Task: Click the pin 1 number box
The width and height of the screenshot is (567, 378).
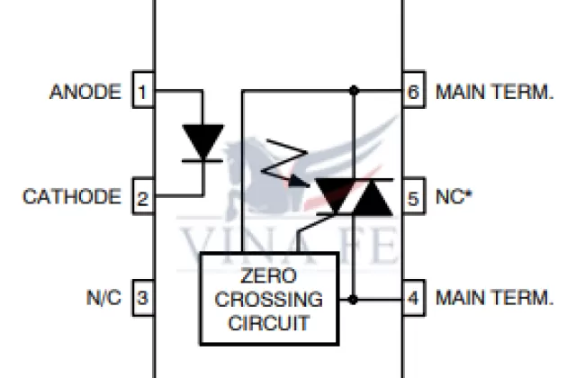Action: (x=143, y=91)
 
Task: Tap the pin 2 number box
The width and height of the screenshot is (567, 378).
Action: (x=143, y=196)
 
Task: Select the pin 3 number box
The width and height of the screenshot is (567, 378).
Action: (x=143, y=296)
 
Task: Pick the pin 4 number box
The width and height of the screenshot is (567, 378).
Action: (x=413, y=296)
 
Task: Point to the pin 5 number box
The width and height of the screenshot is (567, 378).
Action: (x=413, y=196)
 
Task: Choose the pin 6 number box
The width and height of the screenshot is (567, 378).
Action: (x=413, y=91)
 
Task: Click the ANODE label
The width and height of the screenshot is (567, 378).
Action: (x=85, y=91)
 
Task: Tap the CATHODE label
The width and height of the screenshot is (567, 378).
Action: (x=71, y=196)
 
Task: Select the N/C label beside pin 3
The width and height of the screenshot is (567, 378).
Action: (x=103, y=296)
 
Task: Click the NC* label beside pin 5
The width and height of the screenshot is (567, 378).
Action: (x=455, y=196)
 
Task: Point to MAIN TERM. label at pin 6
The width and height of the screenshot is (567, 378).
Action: (x=493, y=91)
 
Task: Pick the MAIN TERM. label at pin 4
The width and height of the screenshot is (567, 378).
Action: (x=493, y=296)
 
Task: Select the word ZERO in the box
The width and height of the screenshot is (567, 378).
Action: (x=268, y=277)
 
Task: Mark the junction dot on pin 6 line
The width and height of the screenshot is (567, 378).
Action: (x=354, y=90)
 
